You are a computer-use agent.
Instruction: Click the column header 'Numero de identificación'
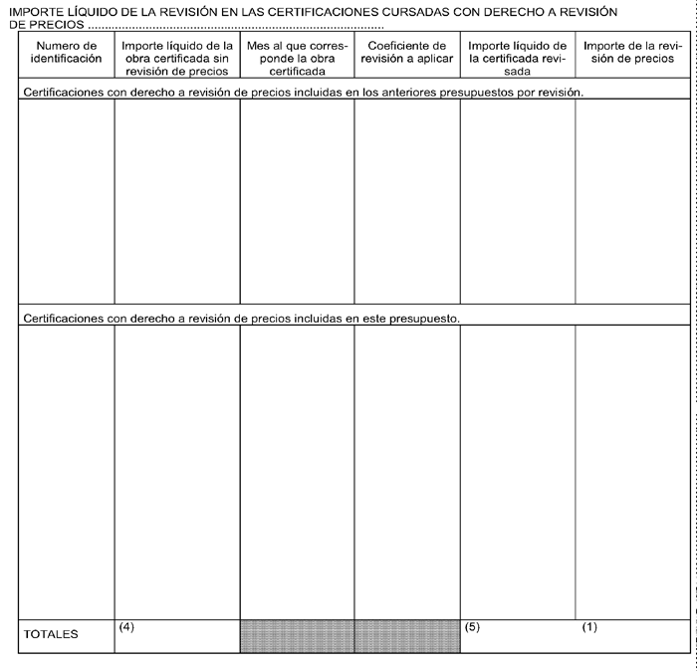pyautogui.click(x=67, y=53)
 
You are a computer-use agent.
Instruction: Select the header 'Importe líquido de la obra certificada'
pyautogui.click(x=177, y=59)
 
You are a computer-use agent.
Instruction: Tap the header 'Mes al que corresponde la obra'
pyautogui.click(x=297, y=59)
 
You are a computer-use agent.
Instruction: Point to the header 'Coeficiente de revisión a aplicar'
pyautogui.click(x=406, y=53)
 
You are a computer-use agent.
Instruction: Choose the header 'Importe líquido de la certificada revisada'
pyautogui.click(x=518, y=59)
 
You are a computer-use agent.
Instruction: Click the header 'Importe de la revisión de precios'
pyautogui.click(x=633, y=53)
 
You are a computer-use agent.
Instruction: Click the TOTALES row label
pyautogui.click(x=51, y=634)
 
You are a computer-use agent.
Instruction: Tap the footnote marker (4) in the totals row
pyautogui.click(x=125, y=626)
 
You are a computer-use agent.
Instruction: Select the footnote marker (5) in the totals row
pyautogui.click(x=472, y=626)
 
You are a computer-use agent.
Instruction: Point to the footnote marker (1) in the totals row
pyautogui.click(x=589, y=626)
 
